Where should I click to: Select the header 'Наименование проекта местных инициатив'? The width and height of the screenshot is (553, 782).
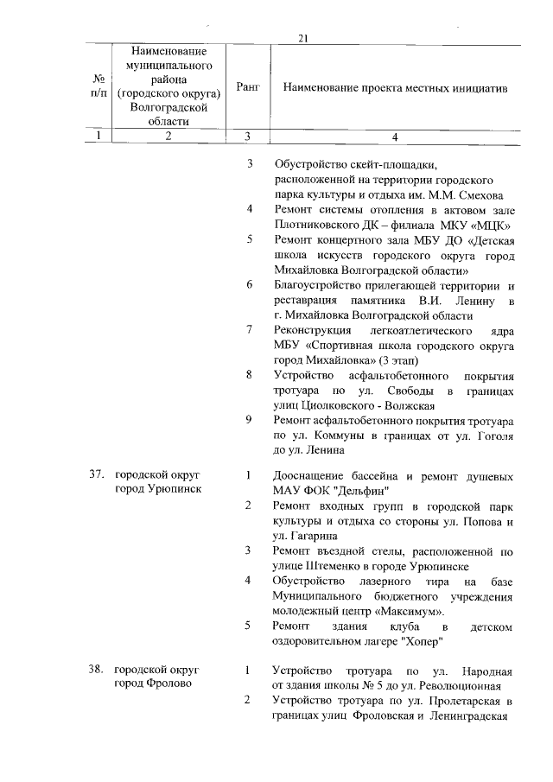395,88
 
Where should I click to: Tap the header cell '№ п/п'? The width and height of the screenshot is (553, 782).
99,87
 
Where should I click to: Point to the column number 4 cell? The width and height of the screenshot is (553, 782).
394,136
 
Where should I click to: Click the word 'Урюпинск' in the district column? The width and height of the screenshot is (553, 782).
175,489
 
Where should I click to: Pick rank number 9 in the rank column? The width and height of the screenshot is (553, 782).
249,419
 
